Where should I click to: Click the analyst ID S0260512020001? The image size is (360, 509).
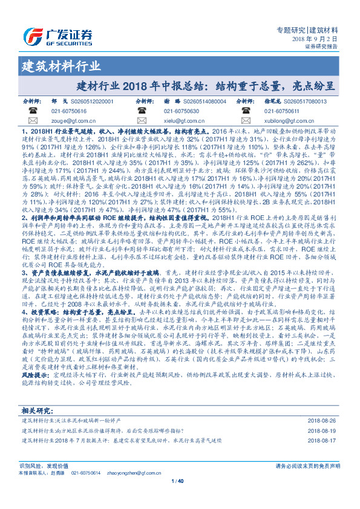click(91, 102)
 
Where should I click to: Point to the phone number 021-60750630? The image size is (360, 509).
click(182, 111)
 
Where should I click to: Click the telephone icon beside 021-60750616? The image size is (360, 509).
click(33, 111)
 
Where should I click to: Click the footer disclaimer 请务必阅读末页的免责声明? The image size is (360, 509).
click(307, 465)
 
